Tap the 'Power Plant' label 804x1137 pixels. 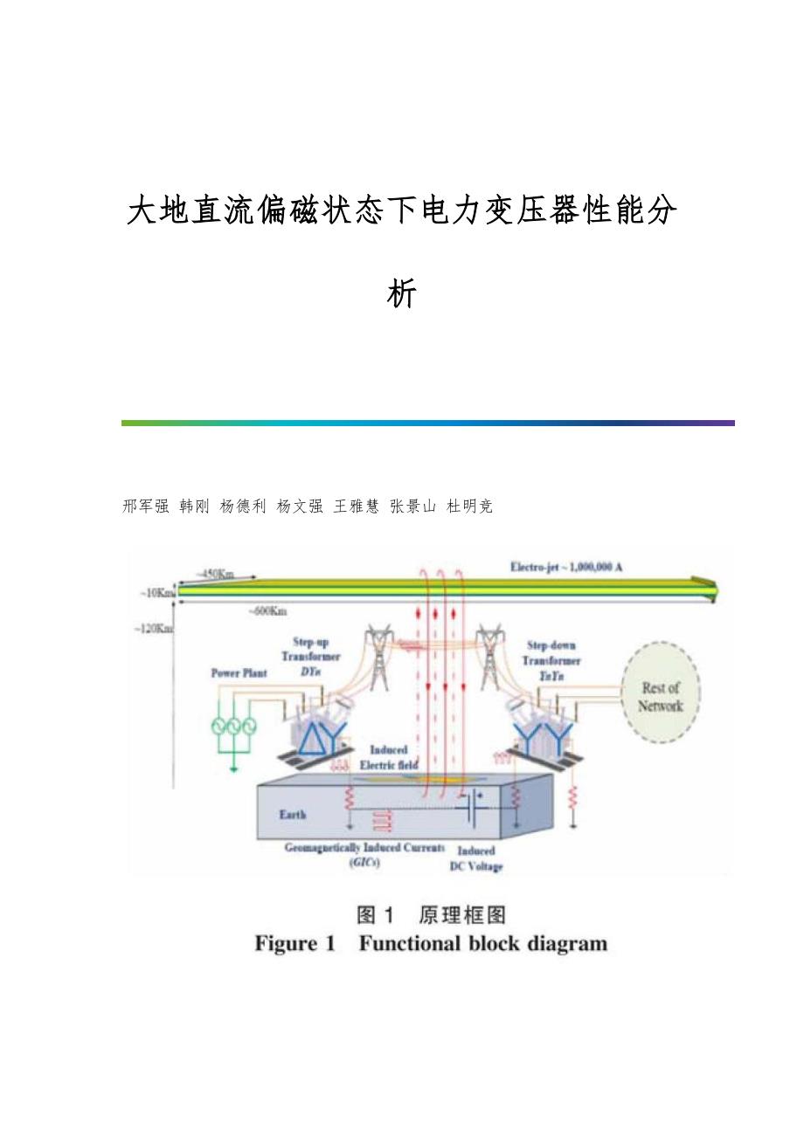[239, 673]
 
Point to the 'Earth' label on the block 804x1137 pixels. [293, 815]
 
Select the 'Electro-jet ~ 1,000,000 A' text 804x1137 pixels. [565, 567]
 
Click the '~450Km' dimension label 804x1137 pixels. [214, 574]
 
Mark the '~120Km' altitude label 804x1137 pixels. [155, 628]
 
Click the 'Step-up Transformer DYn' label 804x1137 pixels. [310, 657]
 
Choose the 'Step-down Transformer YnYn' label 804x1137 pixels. [552, 660]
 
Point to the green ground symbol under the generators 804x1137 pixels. [233, 768]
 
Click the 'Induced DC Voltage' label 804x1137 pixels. [475, 858]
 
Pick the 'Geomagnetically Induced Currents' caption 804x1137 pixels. [364, 848]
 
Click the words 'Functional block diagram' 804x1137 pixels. [483, 944]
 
